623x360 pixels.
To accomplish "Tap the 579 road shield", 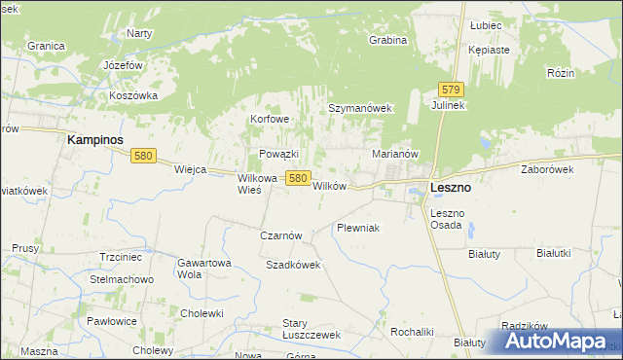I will (449, 88).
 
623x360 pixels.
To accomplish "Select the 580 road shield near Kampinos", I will (144, 156).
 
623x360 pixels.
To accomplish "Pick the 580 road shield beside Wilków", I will (298, 179).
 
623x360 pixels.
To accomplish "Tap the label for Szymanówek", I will (359, 109).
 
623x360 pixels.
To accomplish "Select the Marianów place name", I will (395, 154).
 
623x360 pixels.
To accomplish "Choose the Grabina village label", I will (387, 41).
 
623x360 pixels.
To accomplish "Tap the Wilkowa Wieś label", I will (258, 184).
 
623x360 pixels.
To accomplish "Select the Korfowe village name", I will (270, 119).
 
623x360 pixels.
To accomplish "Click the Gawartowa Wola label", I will (203, 269).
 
